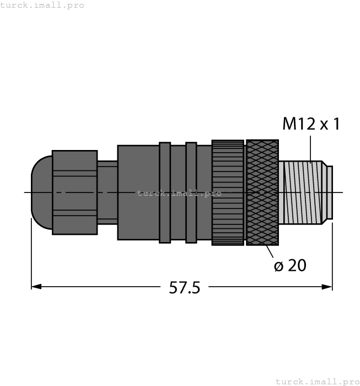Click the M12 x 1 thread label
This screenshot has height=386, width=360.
[310, 124]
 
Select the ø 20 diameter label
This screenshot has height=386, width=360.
[289, 266]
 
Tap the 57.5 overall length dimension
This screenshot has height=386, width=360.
[184, 287]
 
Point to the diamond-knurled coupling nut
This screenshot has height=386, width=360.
[262, 192]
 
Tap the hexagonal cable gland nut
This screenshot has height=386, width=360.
[74, 192]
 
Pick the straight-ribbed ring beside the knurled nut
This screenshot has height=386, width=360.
[228, 192]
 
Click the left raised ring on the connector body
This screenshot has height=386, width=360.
[164, 192]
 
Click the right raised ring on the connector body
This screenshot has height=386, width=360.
[191, 192]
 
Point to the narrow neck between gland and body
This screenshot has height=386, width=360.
[107, 192]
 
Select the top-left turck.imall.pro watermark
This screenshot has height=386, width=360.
[42, 5]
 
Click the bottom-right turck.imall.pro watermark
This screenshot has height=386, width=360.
[316, 381]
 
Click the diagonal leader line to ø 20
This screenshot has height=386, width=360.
[270, 252]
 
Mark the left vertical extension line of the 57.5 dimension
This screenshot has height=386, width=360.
[31, 254]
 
